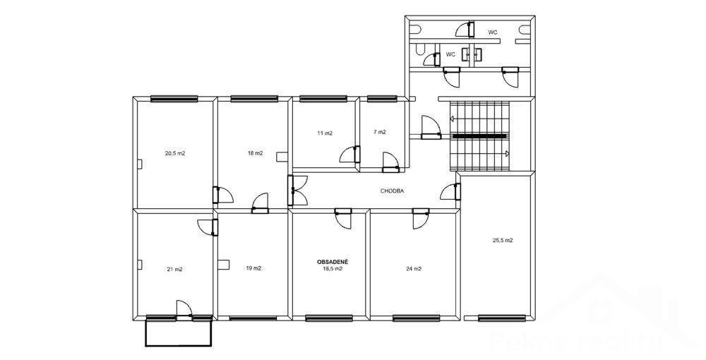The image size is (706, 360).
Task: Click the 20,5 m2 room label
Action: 175,153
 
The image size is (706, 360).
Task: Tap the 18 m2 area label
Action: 256,153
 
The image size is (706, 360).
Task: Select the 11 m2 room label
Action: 325,133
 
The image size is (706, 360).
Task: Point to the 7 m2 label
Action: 380,132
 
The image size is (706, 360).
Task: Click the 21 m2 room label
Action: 174,270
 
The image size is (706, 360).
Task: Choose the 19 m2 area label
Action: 253,268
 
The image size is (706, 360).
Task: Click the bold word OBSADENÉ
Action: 331,261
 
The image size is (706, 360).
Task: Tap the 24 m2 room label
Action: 414,269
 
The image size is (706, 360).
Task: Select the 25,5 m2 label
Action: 503,240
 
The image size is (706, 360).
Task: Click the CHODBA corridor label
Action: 392,191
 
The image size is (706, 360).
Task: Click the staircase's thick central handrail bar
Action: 479,136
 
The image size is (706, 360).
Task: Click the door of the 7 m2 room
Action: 390,163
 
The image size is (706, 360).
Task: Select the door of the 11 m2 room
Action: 350,155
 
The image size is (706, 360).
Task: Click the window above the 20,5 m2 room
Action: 174,99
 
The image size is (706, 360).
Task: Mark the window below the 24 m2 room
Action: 416,318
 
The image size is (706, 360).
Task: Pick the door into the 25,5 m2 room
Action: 450,191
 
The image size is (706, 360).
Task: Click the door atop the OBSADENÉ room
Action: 343,219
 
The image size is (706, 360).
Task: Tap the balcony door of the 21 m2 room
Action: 184,311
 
